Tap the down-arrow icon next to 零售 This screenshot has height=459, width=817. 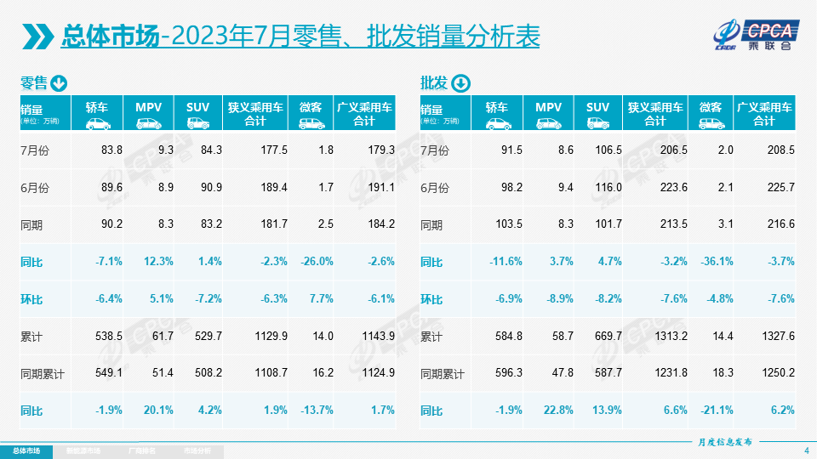(x=59, y=82)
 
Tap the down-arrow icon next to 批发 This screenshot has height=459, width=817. (x=460, y=82)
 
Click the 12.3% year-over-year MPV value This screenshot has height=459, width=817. (x=157, y=262)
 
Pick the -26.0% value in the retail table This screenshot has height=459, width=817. (x=316, y=262)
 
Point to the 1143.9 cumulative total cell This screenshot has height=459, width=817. (x=378, y=337)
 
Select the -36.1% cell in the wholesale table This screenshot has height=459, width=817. (x=716, y=262)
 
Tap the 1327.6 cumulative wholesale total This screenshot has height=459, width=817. (x=777, y=337)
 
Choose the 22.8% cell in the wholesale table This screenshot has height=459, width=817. (x=557, y=411)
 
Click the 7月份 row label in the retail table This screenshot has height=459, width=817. (x=36, y=150)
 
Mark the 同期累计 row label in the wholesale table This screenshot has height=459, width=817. (x=443, y=374)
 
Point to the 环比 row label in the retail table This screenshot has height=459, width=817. (x=31, y=299)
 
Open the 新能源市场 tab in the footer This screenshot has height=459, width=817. (x=83, y=450)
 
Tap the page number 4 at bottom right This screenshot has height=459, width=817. (x=805, y=450)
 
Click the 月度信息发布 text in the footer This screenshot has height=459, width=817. (x=725, y=442)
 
